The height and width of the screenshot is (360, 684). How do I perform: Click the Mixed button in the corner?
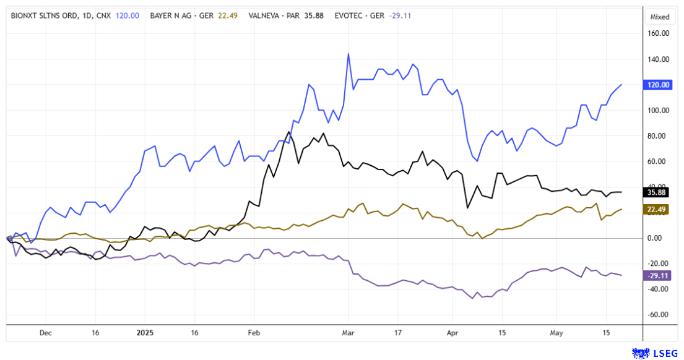pos(660,17)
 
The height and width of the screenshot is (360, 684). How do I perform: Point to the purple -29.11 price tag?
pos(658,275)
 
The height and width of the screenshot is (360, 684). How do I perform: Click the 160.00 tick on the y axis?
pos(659,34)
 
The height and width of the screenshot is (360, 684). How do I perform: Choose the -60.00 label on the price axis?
pos(659,314)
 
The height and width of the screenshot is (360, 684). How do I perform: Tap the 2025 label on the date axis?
pos(144,332)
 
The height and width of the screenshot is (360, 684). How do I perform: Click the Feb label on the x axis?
pos(254,332)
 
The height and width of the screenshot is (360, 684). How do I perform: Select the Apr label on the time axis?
pos(452,332)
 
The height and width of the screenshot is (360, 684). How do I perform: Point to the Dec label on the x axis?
pos(45,332)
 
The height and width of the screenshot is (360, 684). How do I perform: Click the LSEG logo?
pos(654,352)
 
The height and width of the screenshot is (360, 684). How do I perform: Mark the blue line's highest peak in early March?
pos(348,54)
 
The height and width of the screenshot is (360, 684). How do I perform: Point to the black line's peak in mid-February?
pos(288,132)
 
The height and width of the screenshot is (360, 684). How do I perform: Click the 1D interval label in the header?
pos(85,16)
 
